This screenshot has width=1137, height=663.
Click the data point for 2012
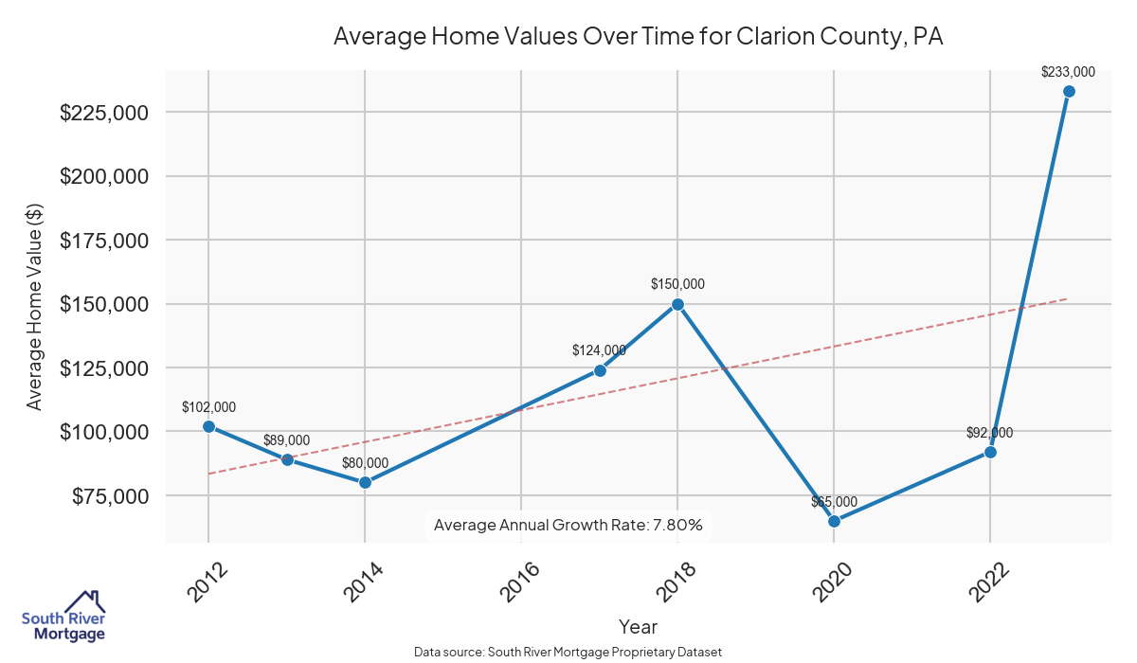pyautogui.click(x=208, y=426)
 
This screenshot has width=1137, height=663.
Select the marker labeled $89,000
pyautogui.click(x=287, y=459)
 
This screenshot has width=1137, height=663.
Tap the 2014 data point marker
pyautogui.click(x=365, y=482)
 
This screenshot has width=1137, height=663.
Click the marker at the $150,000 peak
pyautogui.click(x=677, y=304)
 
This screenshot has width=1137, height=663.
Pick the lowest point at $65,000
pyautogui.click(x=834, y=521)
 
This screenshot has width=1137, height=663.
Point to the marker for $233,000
pyautogui.click(x=1069, y=91)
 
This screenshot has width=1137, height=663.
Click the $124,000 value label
pyautogui.click(x=599, y=350)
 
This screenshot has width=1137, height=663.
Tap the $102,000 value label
pyautogui.click(x=208, y=407)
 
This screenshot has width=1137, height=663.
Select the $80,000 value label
pyautogui.click(x=365, y=463)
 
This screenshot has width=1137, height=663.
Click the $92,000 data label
pyautogui.click(x=989, y=433)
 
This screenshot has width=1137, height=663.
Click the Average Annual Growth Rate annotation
pyautogui.click(x=568, y=525)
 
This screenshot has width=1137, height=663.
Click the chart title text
pyautogui.click(x=639, y=37)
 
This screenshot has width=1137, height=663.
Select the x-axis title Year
pyautogui.click(x=638, y=627)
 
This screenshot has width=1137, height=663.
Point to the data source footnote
pyautogui.click(x=568, y=653)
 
